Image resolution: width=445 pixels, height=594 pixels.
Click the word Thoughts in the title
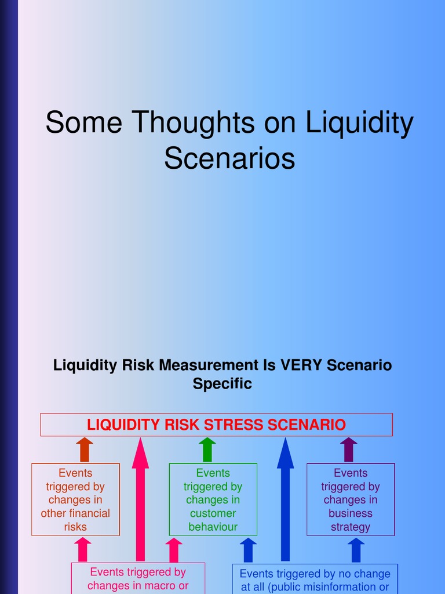(x=193, y=124)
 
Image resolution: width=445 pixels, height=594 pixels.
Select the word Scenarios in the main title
(x=229, y=158)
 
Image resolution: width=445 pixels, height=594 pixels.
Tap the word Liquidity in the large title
(x=359, y=124)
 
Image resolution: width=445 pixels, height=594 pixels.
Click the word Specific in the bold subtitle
(x=222, y=384)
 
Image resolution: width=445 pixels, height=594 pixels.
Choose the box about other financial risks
(x=75, y=499)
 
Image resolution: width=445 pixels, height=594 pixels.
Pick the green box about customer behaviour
(x=213, y=499)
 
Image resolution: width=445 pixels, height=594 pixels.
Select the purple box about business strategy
(x=351, y=499)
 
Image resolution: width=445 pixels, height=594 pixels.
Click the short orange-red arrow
(x=85, y=450)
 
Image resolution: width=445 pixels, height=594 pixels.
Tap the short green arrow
(x=207, y=450)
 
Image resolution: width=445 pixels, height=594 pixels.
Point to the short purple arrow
(x=348, y=450)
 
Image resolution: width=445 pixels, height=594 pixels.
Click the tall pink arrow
(x=140, y=499)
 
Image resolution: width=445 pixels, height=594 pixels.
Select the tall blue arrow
(x=285, y=499)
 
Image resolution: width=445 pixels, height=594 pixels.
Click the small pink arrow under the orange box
(x=83, y=549)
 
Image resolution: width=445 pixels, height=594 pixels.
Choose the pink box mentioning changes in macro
(x=138, y=578)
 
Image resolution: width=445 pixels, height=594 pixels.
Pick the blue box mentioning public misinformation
(x=315, y=579)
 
